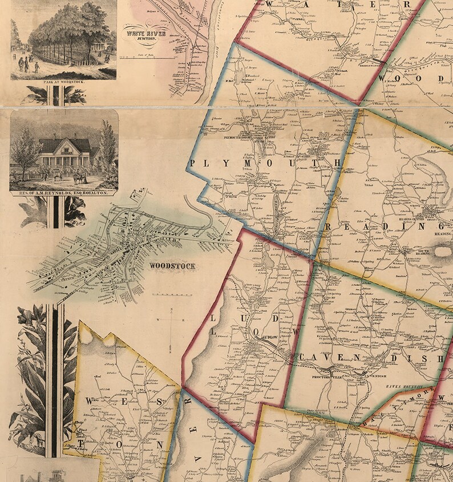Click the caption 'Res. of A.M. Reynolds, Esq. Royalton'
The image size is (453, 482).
pyautogui.click(x=63, y=193)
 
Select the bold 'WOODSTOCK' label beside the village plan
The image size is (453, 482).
pyautogui.click(x=172, y=266)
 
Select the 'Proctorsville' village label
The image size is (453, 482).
pyautogui.click(x=326, y=377)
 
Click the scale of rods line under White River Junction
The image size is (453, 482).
pyautogui.click(x=147, y=57)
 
